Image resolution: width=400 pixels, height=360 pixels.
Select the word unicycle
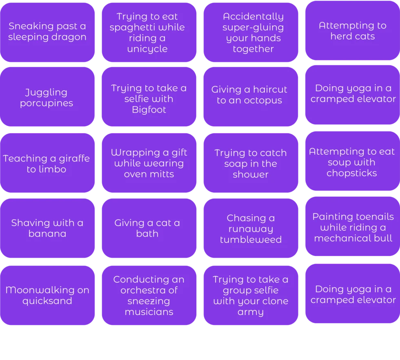pos(147,49)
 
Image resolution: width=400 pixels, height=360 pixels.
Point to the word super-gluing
pos(253,27)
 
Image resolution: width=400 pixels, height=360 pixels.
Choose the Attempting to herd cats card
pos(353,30)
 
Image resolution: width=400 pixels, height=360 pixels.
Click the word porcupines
pos(47,103)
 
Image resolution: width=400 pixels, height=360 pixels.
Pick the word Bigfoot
pos(149,110)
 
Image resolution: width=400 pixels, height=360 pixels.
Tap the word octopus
pos(263,100)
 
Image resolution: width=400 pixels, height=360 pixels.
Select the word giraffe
pos(74,158)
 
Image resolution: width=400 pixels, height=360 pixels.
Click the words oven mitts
pos(149,174)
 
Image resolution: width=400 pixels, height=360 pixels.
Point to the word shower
pos(251,175)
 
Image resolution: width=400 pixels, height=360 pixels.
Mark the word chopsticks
pos(351,173)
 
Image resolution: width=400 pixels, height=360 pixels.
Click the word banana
pos(47,234)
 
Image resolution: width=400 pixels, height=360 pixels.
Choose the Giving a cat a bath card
pos(149,228)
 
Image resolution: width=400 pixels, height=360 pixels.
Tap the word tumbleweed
pos(251,240)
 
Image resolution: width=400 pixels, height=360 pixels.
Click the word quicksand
pos(47,301)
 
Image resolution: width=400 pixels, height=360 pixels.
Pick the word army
pos(251,312)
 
